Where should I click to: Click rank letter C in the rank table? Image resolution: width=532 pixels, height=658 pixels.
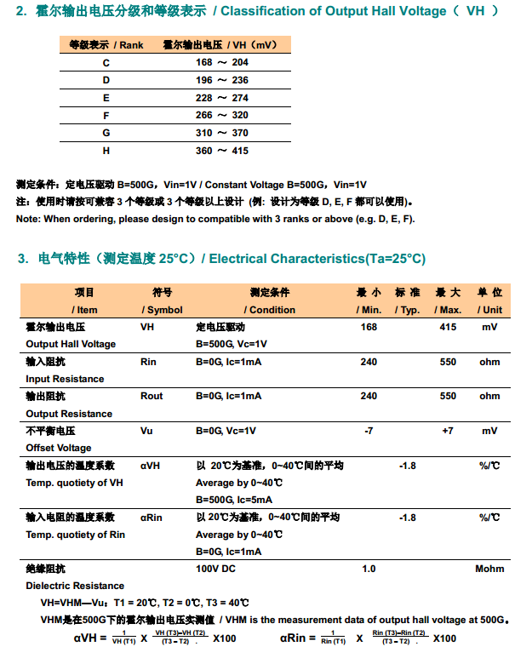(106, 62)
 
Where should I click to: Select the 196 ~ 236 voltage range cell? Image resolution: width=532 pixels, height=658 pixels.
(221, 80)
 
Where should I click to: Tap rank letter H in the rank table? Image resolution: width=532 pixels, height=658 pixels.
(106, 151)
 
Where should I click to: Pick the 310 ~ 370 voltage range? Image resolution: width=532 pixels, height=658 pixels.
(221, 133)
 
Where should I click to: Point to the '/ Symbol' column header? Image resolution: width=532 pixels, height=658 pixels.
(162, 310)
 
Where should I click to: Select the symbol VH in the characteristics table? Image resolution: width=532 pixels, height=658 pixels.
(147, 327)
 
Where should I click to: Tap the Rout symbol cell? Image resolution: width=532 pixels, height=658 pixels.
(152, 396)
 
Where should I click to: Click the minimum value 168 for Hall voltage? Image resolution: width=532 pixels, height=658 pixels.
(369, 327)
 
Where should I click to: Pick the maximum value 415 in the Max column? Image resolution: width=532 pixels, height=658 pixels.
(448, 327)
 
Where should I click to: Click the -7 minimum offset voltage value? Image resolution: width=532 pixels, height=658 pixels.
(369, 431)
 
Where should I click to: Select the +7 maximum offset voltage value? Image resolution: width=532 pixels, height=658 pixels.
(448, 431)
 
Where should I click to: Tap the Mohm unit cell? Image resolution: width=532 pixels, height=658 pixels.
(489, 569)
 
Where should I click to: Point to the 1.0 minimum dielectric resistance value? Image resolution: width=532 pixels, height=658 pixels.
(369, 569)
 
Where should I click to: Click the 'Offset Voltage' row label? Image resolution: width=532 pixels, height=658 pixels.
(58, 448)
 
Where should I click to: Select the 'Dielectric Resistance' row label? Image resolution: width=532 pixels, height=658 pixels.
(75, 586)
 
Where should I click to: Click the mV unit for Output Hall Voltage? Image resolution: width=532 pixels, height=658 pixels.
(489, 327)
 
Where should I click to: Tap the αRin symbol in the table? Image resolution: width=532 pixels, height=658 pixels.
(152, 517)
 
